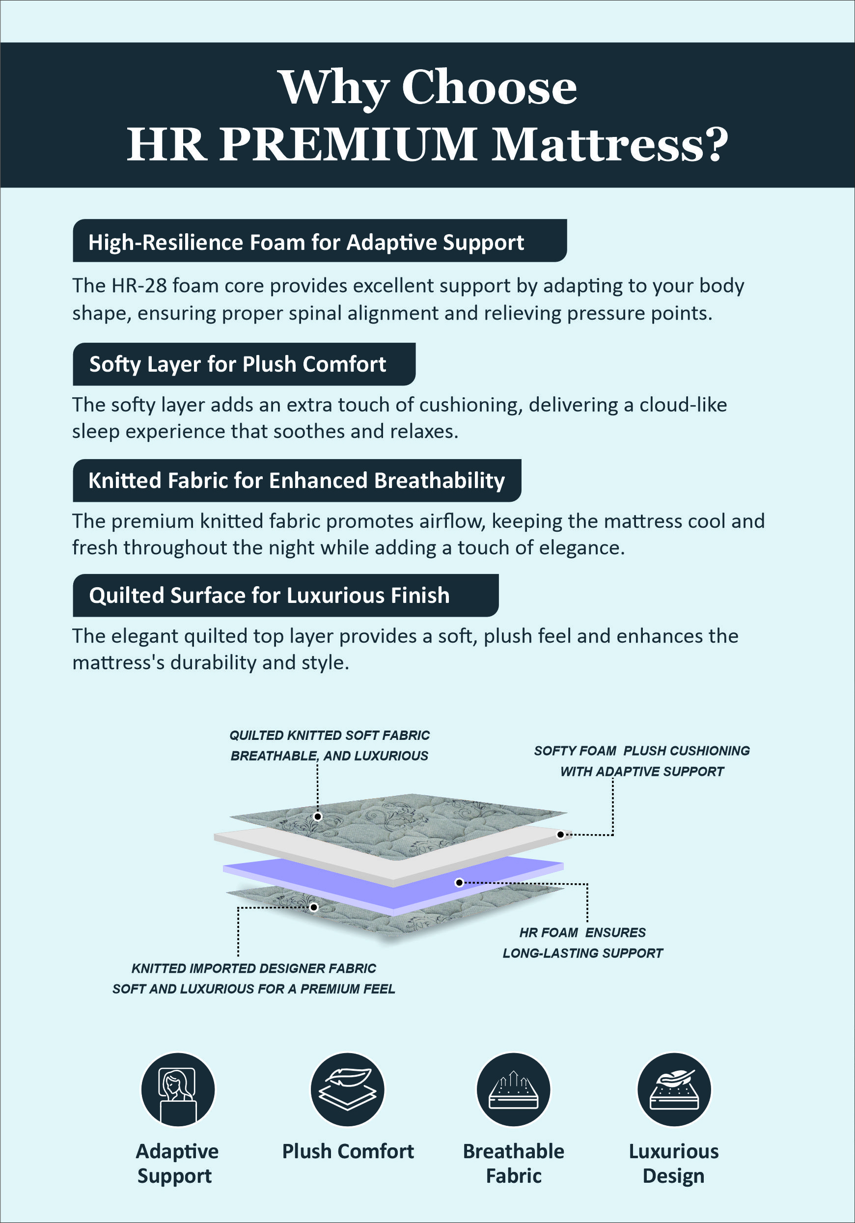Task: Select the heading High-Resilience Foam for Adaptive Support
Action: pyautogui.click(x=306, y=243)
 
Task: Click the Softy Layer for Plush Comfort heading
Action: pyautogui.click(x=238, y=364)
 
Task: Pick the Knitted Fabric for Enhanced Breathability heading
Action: pyautogui.click(x=296, y=481)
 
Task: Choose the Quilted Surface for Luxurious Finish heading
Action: pyautogui.click(x=269, y=596)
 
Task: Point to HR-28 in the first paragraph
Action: pyautogui.click(x=139, y=286)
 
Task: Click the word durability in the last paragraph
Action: pyautogui.click(x=214, y=663)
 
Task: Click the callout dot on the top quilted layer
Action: pyautogui.click(x=318, y=816)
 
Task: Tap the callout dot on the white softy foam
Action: pyautogui.click(x=560, y=835)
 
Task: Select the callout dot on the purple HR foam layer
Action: pyautogui.click(x=459, y=883)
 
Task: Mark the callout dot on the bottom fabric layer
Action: pyautogui.click(x=314, y=907)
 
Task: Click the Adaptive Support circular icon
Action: pyautogui.click(x=178, y=1089)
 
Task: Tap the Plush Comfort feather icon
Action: pyautogui.click(x=347, y=1089)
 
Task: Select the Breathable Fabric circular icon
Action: pyautogui.click(x=514, y=1089)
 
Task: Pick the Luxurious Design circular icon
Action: pyautogui.click(x=674, y=1089)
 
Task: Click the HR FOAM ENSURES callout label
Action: pyautogui.click(x=582, y=933)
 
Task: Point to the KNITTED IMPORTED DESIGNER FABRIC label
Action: pyautogui.click(x=253, y=968)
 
